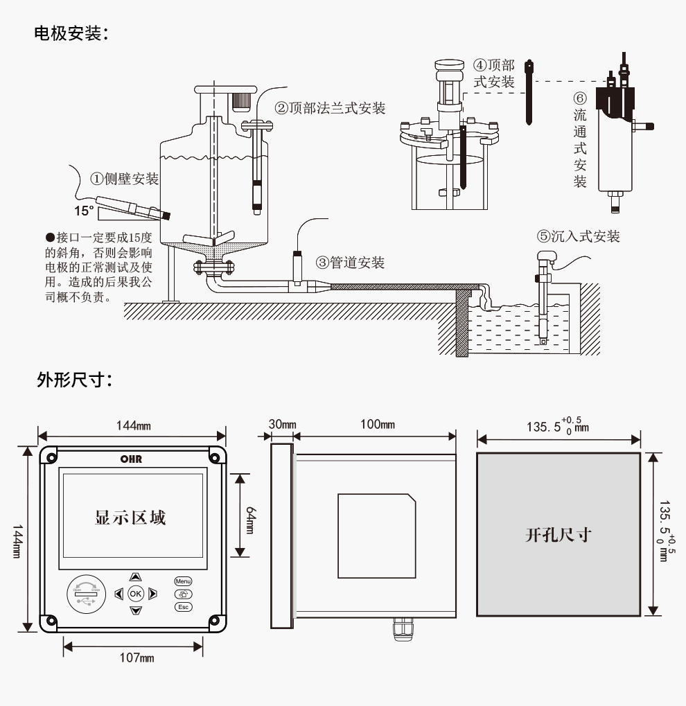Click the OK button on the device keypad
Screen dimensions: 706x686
click(x=136, y=593)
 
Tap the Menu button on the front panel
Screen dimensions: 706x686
click(x=183, y=581)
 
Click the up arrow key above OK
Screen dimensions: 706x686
click(x=136, y=576)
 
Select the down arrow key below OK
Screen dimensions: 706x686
click(x=136, y=610)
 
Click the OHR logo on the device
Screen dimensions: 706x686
click(x=131, y=459)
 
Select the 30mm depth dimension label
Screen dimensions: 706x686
click(x=282, y=424)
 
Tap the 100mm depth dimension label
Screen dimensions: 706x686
click(x=377, y=424)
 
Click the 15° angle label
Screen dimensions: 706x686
click(x=85, y=210)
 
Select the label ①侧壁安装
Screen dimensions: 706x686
click(x=125, y=179)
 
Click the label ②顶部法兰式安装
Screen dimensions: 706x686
click(x=330, y=108)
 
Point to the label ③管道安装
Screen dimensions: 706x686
click(x=350, y=263)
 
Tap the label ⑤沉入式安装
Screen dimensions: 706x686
click(x=579, y=236)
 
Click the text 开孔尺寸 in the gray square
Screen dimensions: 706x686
click(x=558, y=535)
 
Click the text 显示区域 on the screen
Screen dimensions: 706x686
click(x=130, y=518)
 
